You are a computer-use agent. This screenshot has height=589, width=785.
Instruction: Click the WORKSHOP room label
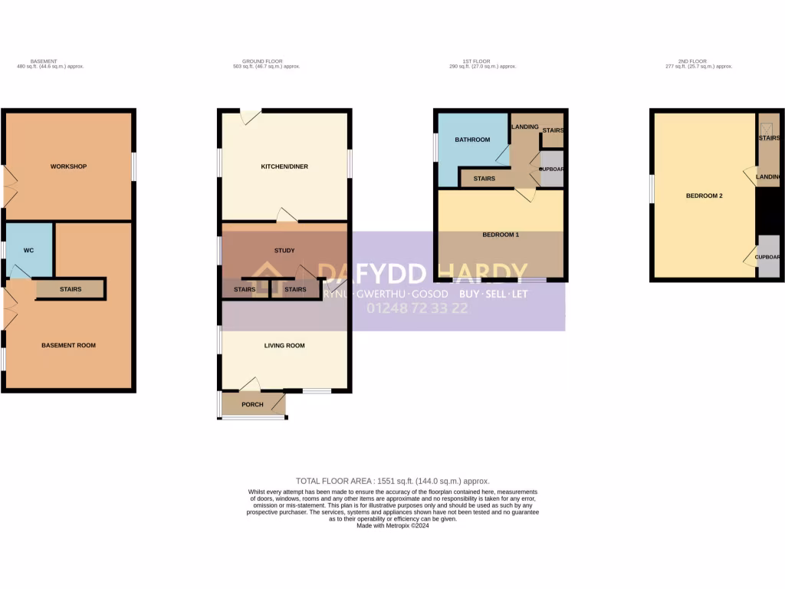click(68, 166)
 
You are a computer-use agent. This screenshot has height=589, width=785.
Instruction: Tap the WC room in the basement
click(28, 250)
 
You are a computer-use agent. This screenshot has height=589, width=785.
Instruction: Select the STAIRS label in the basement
click(71, 289)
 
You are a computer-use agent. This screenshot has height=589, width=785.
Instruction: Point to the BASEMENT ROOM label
click(68, 345)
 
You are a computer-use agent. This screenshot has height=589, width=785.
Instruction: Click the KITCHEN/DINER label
click(284, 166)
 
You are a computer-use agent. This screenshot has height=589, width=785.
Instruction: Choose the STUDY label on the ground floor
click(284, 250)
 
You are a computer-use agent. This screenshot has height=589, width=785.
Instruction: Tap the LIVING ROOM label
click(284, 345)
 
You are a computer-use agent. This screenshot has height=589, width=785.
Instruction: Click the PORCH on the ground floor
click(252, 404)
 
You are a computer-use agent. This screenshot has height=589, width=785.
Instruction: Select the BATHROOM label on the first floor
click(472, 140)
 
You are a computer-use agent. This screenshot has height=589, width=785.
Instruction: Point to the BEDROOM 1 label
click(501, 234)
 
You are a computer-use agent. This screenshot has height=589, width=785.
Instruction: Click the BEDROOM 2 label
click(704, 196)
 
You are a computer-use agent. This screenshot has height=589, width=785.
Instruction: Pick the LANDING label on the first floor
click(525, 127)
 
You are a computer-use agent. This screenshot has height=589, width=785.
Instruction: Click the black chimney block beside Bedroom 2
click(768, 210)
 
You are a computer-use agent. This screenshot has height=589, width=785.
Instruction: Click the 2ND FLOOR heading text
click(698, 61)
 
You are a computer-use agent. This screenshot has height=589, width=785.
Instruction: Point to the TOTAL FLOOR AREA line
click(392, 481)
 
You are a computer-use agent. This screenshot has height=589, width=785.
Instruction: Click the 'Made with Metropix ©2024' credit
click(392, 525)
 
